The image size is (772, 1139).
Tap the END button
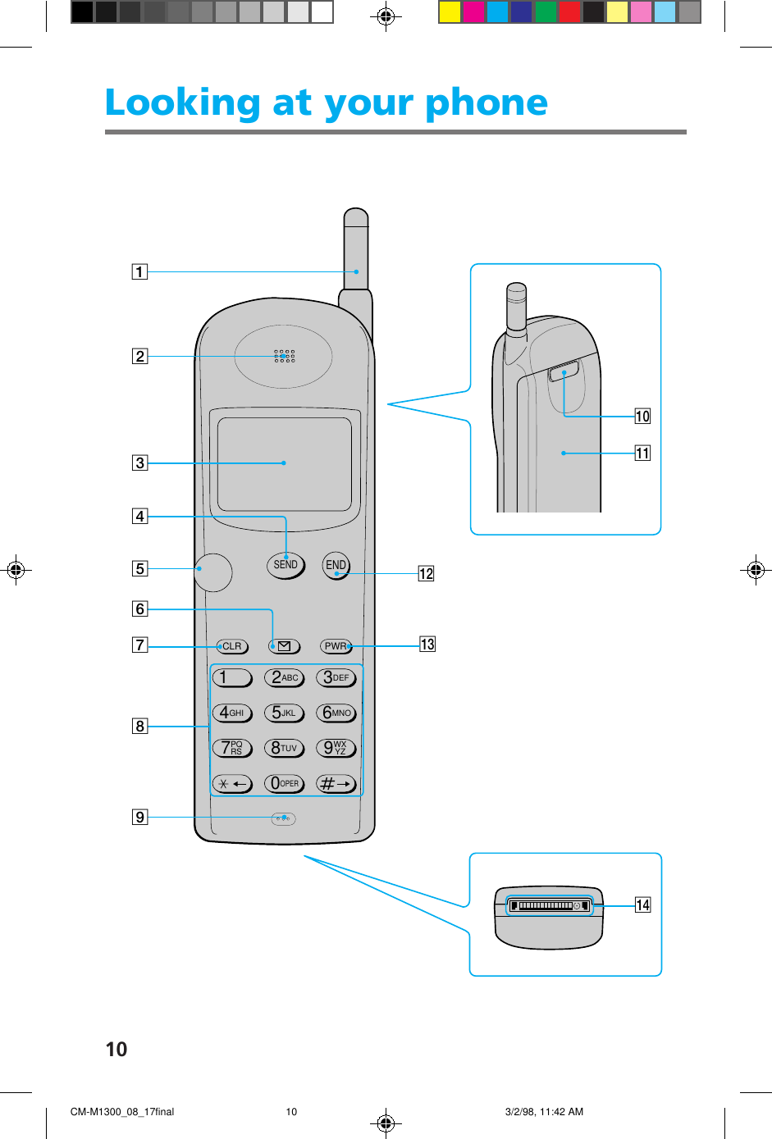(x=336, y=565)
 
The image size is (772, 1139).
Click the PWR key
(x=336, y=646)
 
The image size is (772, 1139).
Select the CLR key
(x=232, y=646)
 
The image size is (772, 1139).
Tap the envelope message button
(x=284, y=646)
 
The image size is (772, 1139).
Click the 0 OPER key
(x=284, y=784)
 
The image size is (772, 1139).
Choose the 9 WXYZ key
(x=336, y=748)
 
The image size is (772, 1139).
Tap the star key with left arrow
(x=232, y=784)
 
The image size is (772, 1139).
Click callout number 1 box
(x=140, y=272)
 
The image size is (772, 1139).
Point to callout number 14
(x=643, y=904)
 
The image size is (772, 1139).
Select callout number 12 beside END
(x=426, y=573)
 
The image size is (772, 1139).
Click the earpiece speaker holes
(x=284, y=356)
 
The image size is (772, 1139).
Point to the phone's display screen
(x=284, y=463)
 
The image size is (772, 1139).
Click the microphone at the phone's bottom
(x=283, y=818)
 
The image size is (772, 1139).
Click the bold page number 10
(x=116, y=1049)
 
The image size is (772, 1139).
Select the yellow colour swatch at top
(x=450, y=11)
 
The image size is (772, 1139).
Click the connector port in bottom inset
(x=549, y=905)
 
